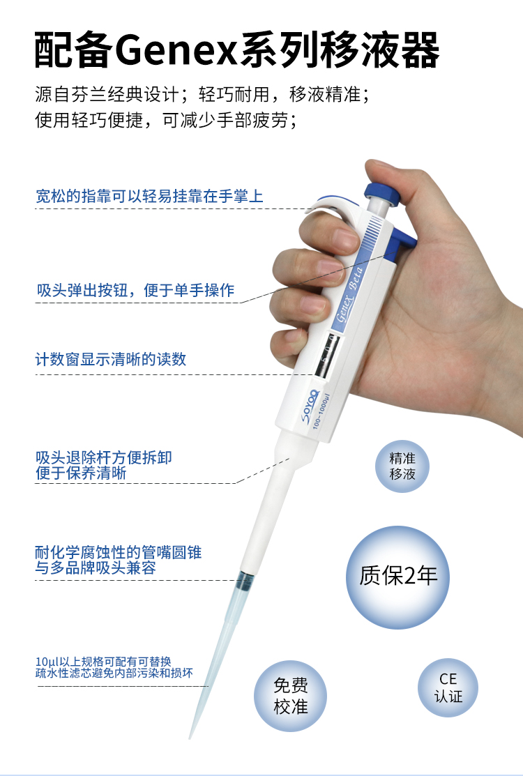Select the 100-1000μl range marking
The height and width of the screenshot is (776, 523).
(321, 411)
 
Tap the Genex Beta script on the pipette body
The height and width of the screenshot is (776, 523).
(350, 295)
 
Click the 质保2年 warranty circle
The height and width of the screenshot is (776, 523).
(397, 577)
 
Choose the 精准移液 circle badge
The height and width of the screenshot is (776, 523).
(402, 466)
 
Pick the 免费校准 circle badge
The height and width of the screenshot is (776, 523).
(291, 696)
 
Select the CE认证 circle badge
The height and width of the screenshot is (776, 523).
(448, 687)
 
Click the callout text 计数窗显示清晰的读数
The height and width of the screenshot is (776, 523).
(111, 359)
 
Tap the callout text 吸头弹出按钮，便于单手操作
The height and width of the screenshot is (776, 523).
(135, 290)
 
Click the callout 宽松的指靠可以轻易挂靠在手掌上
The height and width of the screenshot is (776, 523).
(149, 196)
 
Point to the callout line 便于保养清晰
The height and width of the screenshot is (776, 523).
(81, 473)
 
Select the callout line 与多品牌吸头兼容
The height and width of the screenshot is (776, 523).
(96, 568)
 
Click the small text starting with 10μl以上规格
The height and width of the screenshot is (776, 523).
(114, 667)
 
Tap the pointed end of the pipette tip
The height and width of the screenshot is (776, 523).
(190, 738)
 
